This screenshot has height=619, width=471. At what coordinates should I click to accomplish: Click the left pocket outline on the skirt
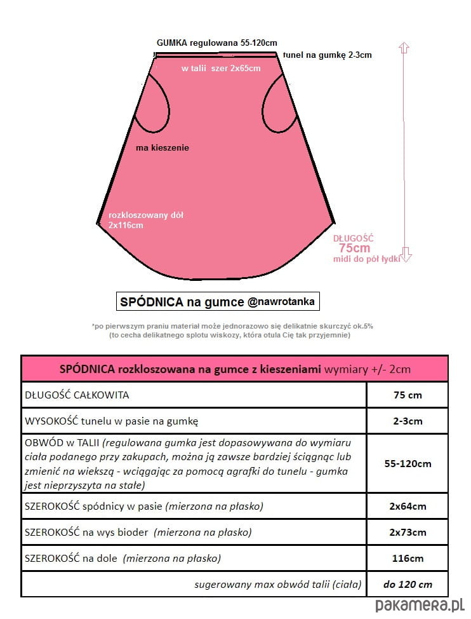click(159, 105)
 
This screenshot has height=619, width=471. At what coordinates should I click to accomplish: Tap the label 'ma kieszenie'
click(163, 147)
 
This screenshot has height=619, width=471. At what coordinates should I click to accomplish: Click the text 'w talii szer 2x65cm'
click(220, 69)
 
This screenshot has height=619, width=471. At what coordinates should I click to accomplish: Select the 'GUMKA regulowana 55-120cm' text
click(216, 43)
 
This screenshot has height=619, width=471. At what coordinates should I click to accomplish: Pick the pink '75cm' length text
click(354, 248)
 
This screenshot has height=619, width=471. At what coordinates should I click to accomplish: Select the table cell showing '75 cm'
click(407, 395)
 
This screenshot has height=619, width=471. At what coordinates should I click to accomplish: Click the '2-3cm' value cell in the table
click(407, 421)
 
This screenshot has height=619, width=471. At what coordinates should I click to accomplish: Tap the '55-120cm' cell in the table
click(407, 463)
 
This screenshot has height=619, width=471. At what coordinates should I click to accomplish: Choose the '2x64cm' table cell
click(407, 507)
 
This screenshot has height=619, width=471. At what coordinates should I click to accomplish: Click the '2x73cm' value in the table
click(407, 533)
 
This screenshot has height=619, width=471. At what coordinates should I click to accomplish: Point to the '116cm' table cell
click(407, 559)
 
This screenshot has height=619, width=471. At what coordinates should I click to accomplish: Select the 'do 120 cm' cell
click(407, 584)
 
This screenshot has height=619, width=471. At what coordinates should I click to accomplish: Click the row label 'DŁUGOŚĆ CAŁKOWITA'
click(77, 395)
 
